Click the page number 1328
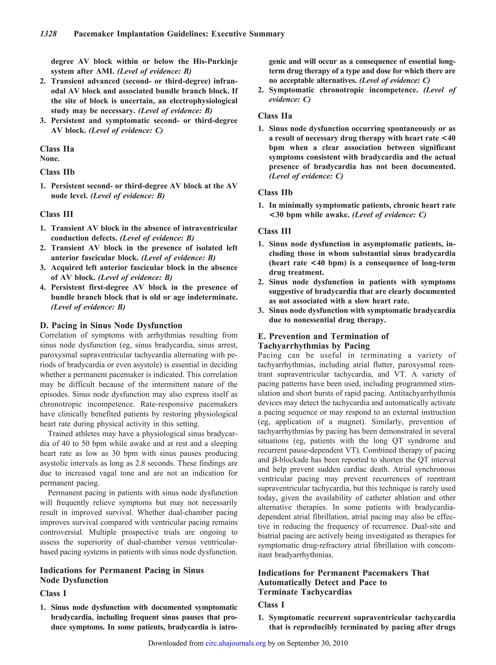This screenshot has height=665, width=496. click(48, 34)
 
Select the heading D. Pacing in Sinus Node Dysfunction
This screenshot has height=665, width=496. click(111, 325)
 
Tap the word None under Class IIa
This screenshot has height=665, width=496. click(50, 159)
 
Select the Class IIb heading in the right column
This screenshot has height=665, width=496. click(275, 193)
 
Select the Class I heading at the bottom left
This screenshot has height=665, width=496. click(53, 593)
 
